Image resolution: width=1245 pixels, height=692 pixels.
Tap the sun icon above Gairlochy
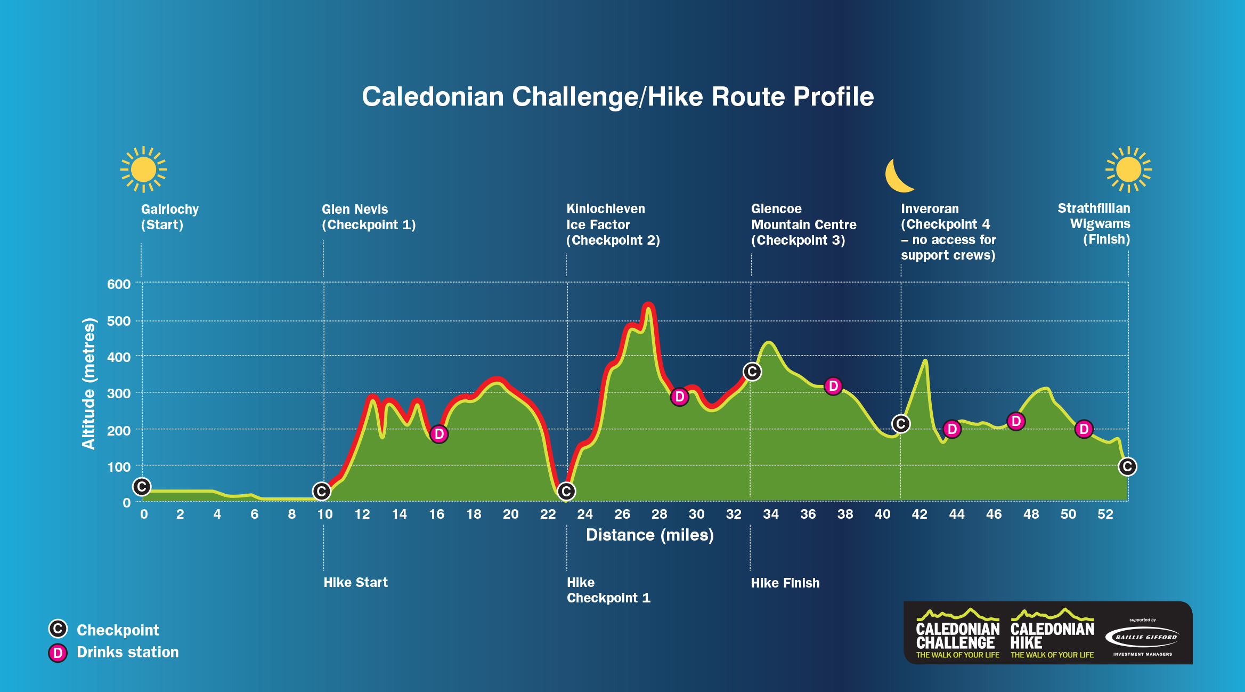point(143,170)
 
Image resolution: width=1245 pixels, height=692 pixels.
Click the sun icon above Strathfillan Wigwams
point(1128,170)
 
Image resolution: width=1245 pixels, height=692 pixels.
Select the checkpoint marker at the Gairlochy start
point(142,486)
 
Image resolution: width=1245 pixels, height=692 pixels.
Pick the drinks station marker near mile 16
point(439,434)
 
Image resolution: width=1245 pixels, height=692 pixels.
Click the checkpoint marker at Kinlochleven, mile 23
point(566,491)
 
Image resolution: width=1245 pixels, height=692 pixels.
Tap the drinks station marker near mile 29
point(679,397)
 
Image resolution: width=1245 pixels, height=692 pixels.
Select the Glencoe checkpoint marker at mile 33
point(752,372)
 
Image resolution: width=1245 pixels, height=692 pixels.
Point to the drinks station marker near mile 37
point(833,386)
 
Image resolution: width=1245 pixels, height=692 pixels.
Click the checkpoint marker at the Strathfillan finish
point(1127,466)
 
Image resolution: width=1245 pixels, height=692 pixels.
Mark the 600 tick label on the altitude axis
point(119,284)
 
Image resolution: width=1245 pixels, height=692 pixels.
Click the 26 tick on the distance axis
point(622,514)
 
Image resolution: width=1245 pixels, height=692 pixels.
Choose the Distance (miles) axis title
point(649,535)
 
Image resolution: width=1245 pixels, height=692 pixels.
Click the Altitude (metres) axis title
point(88,383)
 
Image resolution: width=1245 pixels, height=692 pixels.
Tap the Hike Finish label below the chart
point(785,583)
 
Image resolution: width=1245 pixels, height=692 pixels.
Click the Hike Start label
point(355,582)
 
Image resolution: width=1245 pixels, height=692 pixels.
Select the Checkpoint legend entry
point(117,630)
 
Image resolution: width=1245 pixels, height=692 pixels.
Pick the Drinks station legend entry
point(127,653)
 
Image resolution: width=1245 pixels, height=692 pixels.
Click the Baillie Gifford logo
point(1142,637)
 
